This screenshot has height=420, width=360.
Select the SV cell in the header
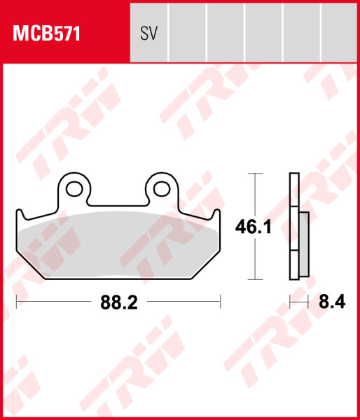148,33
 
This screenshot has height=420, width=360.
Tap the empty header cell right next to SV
188,33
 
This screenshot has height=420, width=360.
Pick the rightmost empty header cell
339,33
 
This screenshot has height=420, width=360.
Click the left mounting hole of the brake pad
74,187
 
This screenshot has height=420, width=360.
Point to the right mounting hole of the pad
162,187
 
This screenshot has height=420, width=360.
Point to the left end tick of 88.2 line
16,302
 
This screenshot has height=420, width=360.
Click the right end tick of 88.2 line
221,302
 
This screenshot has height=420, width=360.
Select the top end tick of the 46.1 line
256,173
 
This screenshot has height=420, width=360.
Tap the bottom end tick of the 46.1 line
256,280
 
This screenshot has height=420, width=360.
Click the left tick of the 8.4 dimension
290,302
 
